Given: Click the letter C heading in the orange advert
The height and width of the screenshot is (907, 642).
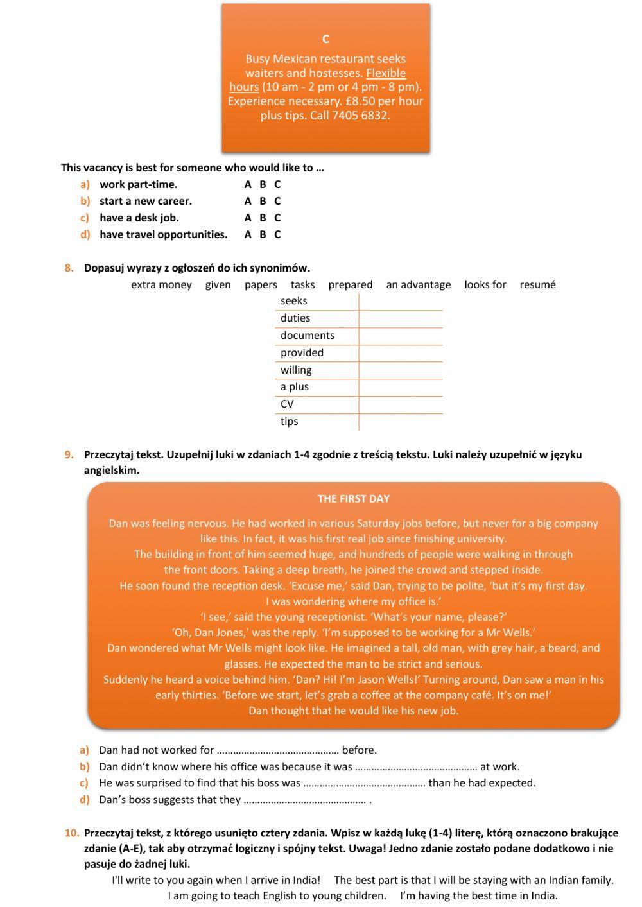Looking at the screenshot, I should click(x=325, y=39).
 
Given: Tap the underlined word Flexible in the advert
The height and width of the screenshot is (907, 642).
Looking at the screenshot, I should click(x=386, y=73).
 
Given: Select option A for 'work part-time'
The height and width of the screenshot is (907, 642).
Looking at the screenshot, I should click(x=248, y=184).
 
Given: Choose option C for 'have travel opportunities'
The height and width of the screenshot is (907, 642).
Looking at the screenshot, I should click(x=277, y=234).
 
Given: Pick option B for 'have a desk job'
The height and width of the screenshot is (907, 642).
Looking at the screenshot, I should click(x=263, y=218).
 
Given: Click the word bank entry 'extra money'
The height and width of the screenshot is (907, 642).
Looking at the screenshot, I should click(x=161, y=284).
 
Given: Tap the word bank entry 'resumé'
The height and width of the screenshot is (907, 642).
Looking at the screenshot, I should click(x=537, y=284).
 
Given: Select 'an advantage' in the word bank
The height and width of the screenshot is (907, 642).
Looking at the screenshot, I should click(x=418, y=284).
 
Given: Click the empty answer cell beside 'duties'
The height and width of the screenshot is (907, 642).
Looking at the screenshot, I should click(x=400, y=318).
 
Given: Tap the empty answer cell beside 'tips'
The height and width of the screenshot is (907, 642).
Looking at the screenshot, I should click(x=400, y=422).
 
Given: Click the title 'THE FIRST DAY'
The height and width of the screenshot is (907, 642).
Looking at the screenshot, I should click(x=353, y=499).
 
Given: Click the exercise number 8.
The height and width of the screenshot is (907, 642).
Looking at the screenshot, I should click(x=69, y=268).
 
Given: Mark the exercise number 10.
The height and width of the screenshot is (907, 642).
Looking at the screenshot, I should click(x=72, y=833).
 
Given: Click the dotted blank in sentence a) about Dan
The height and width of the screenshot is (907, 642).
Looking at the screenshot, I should click(x=277, y=750).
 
